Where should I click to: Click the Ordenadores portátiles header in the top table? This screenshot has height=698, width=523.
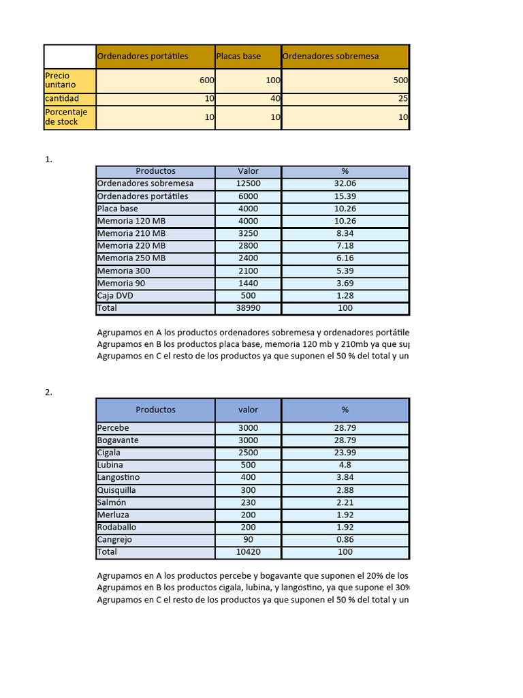click(x=142, y=56)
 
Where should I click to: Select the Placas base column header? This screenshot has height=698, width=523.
click(x=238, y=56)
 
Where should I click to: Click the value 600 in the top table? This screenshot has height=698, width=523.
click(x=207, y=80)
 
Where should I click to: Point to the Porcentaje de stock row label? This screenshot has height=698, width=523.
click(x=61, y=117)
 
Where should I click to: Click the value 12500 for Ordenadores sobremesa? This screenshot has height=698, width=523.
click(x=248, y=183)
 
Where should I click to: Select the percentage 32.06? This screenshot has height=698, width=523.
click(x=345, y=183)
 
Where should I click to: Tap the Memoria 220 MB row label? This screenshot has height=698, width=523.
click(x=131, y=245)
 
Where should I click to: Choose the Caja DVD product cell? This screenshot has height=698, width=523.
click(x=115, y=295)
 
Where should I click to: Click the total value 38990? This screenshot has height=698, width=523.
click(x=248, y=308)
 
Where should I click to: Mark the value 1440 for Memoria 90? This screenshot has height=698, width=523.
click(x=248, y=283)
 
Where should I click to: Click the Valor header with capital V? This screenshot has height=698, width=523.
click(x=248, y=171)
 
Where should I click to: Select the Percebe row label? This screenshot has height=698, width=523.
click(x=113, y=428)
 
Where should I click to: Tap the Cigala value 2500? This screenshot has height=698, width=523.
click(x=248, y=453)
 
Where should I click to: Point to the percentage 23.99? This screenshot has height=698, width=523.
click(x=345, y=453)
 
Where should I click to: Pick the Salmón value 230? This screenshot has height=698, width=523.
click(x=248, y=502)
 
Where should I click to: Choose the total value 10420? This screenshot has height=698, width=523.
click(x=248, y=552)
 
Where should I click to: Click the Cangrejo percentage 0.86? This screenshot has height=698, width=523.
click(x=345, y=539)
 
